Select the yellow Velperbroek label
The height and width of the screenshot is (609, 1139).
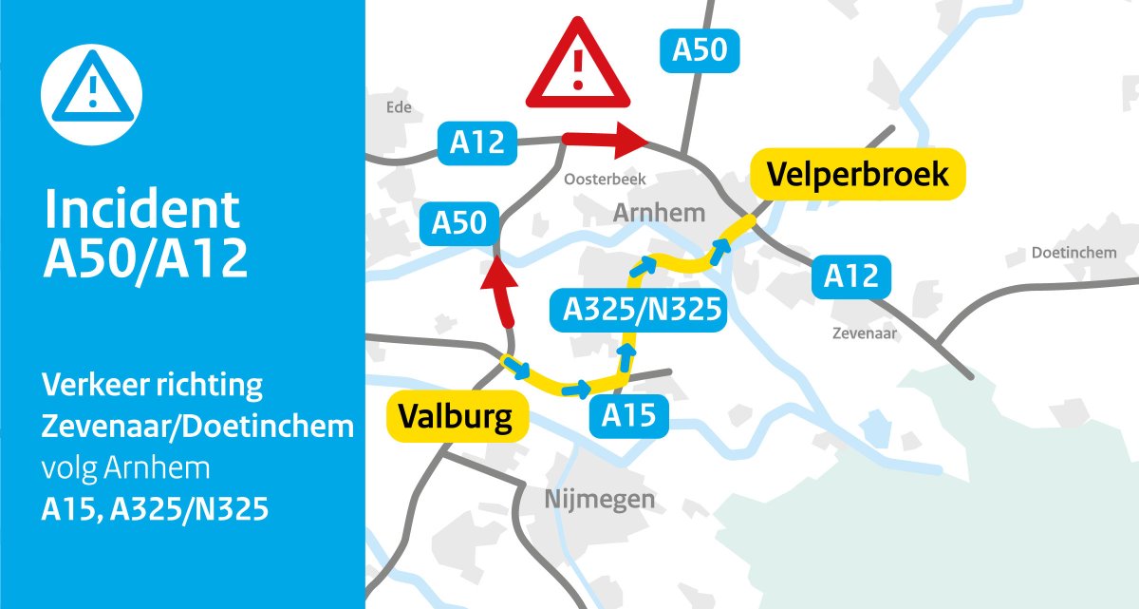857,175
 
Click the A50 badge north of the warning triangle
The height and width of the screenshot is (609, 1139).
699,50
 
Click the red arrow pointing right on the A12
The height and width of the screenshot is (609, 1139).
605,140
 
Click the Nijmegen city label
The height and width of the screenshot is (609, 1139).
600,499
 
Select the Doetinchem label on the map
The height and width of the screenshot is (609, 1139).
1074,253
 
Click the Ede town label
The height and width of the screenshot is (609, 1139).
399,107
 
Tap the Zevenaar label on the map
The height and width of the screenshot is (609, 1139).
864,334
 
